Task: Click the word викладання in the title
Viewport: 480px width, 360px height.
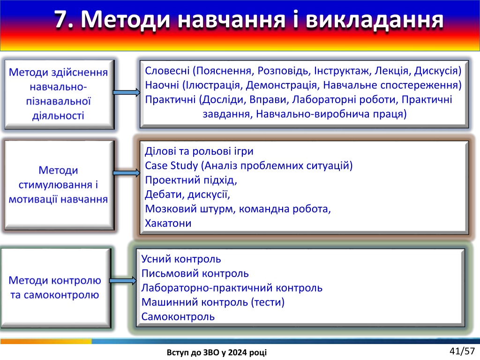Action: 375,19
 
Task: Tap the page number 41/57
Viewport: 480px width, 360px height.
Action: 462,351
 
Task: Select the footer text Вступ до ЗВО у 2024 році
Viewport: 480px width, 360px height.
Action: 217,352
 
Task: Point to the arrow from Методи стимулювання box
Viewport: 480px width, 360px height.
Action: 127,173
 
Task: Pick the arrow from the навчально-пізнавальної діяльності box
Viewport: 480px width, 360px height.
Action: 127,92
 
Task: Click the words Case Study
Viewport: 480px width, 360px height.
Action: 171,166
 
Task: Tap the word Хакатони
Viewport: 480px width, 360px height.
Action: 168,223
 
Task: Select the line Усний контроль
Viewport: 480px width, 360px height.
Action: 181,259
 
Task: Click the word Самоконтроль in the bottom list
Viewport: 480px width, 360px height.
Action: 178,316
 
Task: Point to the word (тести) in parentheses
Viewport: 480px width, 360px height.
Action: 268,302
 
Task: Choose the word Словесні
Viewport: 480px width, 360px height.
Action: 167,71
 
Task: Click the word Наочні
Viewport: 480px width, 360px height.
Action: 162,85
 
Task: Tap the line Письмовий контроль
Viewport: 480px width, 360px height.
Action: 195,273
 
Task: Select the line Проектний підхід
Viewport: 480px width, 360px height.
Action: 191,180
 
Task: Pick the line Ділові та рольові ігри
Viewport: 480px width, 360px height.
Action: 199,151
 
